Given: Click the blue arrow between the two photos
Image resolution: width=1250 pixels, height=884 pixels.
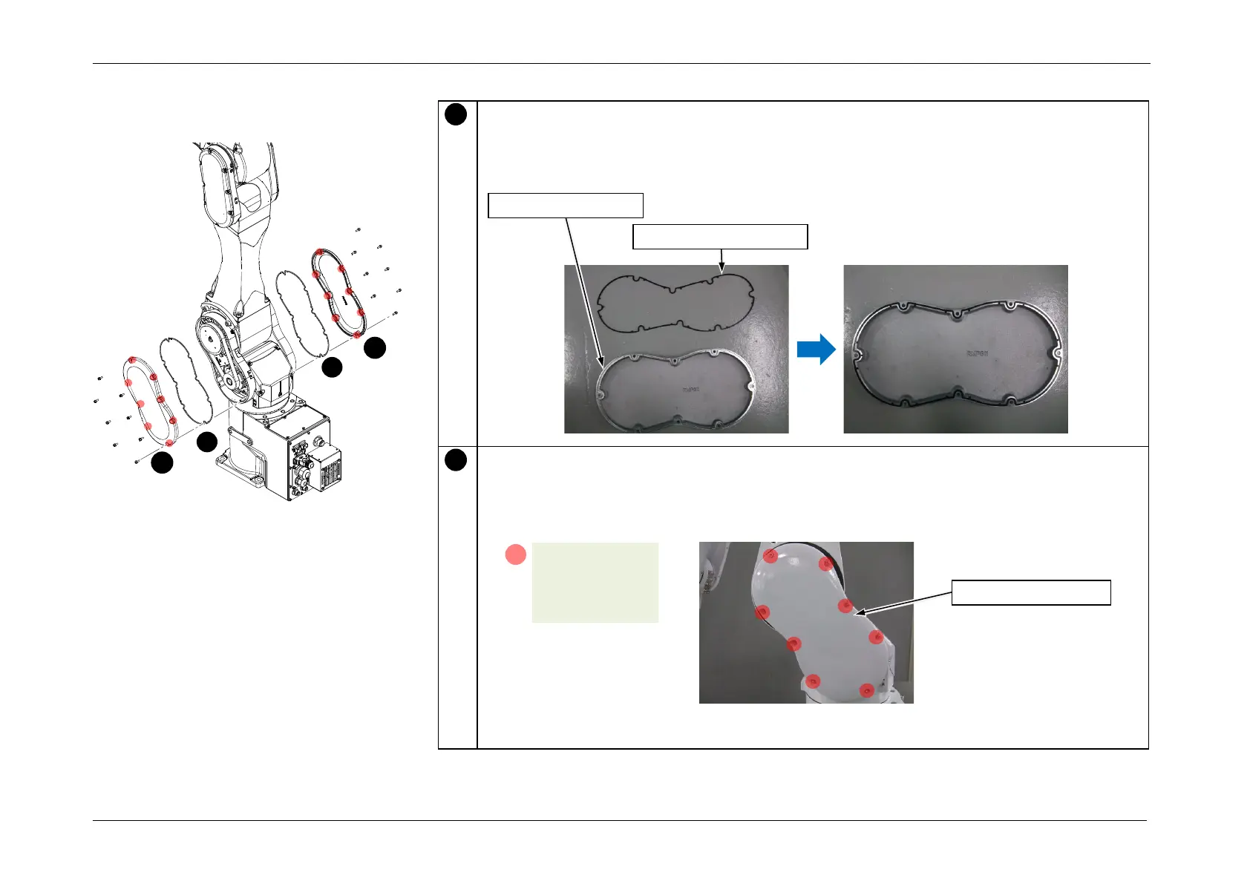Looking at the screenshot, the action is (816, 349).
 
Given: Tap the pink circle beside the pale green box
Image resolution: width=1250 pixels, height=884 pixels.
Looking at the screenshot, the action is (516, 554).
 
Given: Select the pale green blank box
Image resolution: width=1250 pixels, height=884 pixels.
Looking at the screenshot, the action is (595, 582).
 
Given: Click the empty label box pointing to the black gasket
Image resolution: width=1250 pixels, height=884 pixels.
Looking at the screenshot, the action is (719, 237).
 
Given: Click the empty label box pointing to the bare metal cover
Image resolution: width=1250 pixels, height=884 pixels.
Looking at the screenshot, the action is (565, 205).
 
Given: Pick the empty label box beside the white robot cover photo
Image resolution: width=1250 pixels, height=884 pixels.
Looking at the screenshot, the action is (1031, 593).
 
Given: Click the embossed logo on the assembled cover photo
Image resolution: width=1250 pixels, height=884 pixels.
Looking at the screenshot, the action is (976, 353).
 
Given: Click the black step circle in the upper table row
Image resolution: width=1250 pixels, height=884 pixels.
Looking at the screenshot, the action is (456, 114).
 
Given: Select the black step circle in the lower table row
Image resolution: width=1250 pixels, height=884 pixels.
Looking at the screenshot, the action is (456, 460).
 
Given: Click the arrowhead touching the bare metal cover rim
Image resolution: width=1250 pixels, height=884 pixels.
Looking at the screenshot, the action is (602, 362).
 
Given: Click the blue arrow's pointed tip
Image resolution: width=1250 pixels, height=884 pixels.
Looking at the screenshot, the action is (834, 349).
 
